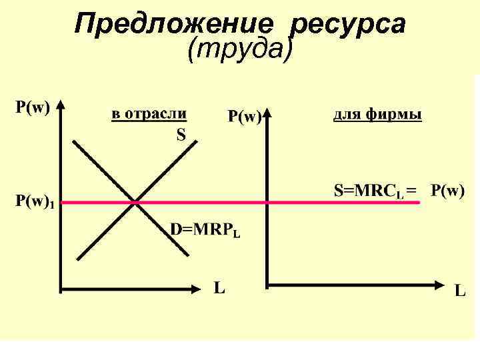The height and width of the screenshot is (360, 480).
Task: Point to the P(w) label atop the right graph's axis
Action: coord(245,117)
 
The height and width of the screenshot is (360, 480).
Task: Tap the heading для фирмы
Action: coord(377,115)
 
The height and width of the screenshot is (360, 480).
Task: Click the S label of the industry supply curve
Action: coord(181,135)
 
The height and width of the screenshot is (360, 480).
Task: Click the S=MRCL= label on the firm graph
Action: coord(375,191)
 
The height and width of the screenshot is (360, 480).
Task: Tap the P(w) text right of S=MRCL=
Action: coord(447,191)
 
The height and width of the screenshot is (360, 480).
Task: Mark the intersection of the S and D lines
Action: coord(136,201)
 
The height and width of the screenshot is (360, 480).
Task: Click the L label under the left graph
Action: coord(219,288)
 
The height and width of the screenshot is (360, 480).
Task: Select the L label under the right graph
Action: coord(461,291)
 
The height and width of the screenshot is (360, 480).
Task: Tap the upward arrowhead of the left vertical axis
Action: coord(61,106)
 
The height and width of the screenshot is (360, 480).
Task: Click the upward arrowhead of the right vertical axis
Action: coord(267,114)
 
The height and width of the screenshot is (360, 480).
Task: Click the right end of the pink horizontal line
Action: coord(419,201)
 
